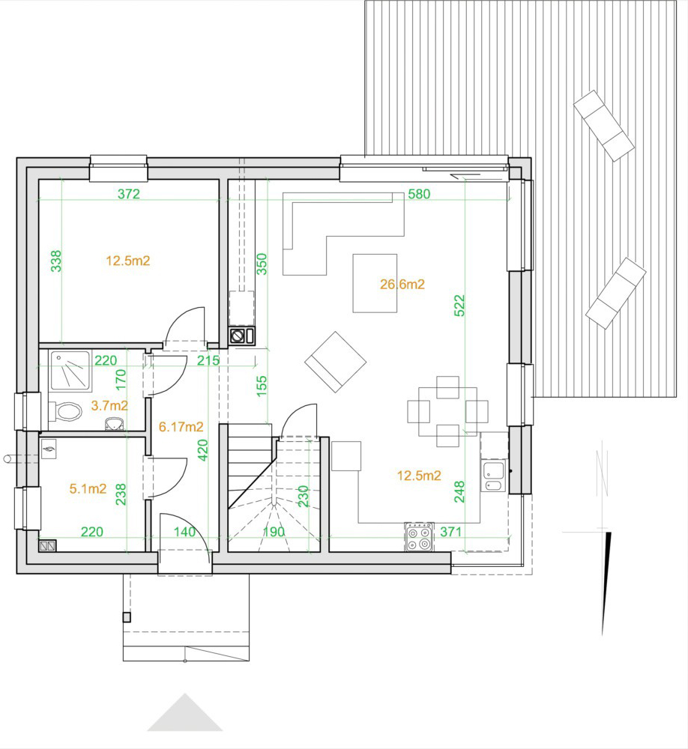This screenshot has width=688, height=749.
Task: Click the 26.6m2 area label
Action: coord(402,284)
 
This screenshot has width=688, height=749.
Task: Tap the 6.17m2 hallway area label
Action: coord(181,427)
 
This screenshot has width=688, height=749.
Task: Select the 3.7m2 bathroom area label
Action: coord(109,406)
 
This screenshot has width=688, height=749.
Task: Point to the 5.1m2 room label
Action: coord(88,488)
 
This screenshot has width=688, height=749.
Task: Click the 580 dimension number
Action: coord(419,194)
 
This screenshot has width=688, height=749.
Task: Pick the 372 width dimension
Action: coord(129,194)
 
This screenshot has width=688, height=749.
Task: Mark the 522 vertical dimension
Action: coord(459,306)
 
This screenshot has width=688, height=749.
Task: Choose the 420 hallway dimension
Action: coord(202,450)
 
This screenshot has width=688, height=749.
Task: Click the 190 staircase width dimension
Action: coord(274,532)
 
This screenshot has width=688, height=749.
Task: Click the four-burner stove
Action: coord(419,537)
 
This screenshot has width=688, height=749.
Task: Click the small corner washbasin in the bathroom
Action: coord(114,422)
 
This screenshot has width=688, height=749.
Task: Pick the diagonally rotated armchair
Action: coord(336,362)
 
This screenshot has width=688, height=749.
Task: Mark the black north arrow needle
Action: coord(606,583)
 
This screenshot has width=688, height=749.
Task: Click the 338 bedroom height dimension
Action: coord(56,261)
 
